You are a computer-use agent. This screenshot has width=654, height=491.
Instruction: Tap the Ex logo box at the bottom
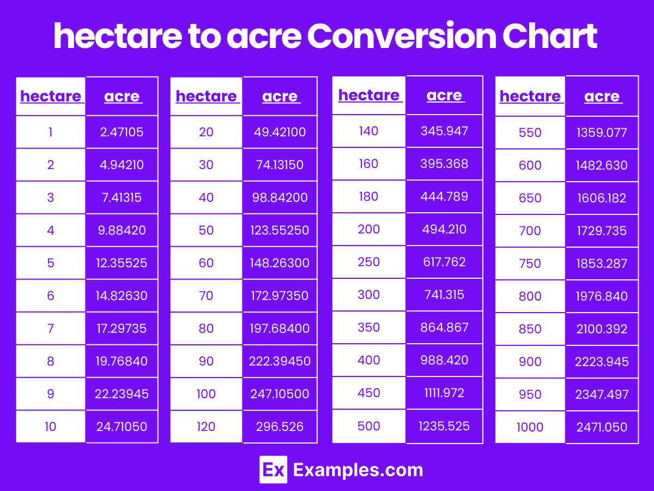coord(273,470)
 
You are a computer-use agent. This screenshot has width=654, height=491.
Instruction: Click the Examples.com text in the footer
coord(358,470)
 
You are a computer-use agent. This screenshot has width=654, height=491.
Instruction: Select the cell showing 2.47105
coord(122,132)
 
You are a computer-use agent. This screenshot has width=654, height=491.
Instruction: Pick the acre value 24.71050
coord(122,427)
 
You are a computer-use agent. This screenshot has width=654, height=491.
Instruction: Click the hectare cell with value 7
coord(51,328)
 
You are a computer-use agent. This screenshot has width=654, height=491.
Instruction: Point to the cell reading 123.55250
coord(280,230)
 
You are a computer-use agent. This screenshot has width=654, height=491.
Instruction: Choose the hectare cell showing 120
coord(206,427)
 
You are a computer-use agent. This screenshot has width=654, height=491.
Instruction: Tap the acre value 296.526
coord(280,427)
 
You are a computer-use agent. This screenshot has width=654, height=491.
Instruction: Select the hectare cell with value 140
coord(369,131)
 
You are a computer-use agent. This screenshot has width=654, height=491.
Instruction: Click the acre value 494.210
coord(444,229)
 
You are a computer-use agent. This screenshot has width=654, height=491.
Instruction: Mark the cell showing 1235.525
coord(444,426)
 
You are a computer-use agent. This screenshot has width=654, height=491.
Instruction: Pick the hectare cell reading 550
coord(530,133)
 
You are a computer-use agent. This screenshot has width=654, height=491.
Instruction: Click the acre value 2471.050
coord(602,427)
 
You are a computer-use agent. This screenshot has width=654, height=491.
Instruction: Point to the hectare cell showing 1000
coord(530,427)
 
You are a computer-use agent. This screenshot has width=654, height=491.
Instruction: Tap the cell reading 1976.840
coord(602,296)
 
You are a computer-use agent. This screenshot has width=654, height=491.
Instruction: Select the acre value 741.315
coord(444,295)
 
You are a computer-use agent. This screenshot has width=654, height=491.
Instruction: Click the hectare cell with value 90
coord(206,361)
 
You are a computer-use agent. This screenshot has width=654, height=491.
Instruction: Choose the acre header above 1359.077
coord(602,97)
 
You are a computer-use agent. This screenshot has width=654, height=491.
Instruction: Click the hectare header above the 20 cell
coord(206,97)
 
